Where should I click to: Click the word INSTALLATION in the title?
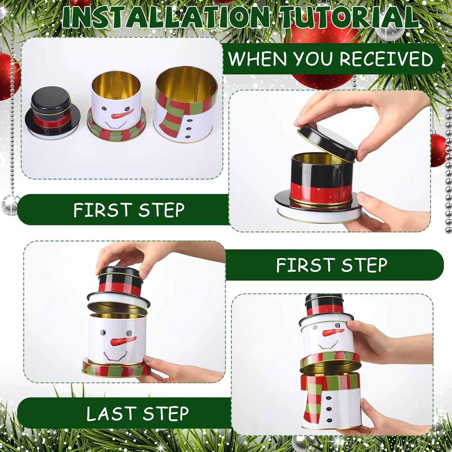[x=166, y=17]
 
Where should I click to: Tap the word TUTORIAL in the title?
[x=350, y=17]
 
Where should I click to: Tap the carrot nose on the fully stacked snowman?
[x=333, y=332]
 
